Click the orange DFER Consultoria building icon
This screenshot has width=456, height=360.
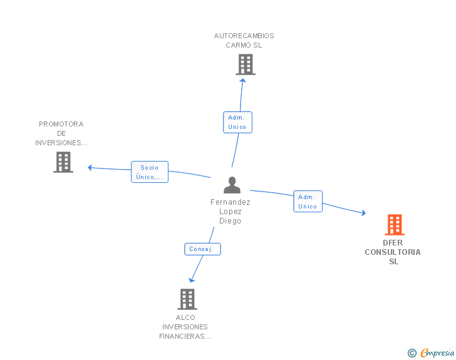click(x=395, y=225)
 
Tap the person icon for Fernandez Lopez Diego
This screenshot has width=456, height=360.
click(x=232, y=185)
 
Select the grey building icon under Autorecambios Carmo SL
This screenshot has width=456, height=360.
click(x=246, y=64)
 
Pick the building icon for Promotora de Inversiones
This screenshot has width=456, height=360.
click(x=63, y=162)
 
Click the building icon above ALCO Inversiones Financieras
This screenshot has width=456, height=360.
click(x=187, y=299)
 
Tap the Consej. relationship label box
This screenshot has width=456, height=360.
click(x=203, y=249)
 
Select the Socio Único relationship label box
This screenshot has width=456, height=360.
click(x=150, y=172)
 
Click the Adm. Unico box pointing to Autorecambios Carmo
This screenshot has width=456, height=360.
click(x=237, y=123)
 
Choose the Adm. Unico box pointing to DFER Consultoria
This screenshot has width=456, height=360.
click(x=308, y=201)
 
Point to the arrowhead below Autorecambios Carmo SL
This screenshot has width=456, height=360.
click(x=243, y=80)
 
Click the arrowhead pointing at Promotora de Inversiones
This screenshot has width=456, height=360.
click(x=90, y=168)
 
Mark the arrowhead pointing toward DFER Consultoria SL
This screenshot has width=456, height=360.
click(x=363, y=213)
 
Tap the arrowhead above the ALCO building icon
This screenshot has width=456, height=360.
click(x=192, y=280)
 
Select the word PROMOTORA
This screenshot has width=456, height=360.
click(x=61, y=124)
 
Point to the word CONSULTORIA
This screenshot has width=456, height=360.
click(x=393, y=252)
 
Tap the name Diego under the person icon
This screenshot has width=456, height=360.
click(x=230, y=221)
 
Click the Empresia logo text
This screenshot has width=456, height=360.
click(x=437, y=352)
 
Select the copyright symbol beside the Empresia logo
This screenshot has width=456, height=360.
click(x=412, y=353)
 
